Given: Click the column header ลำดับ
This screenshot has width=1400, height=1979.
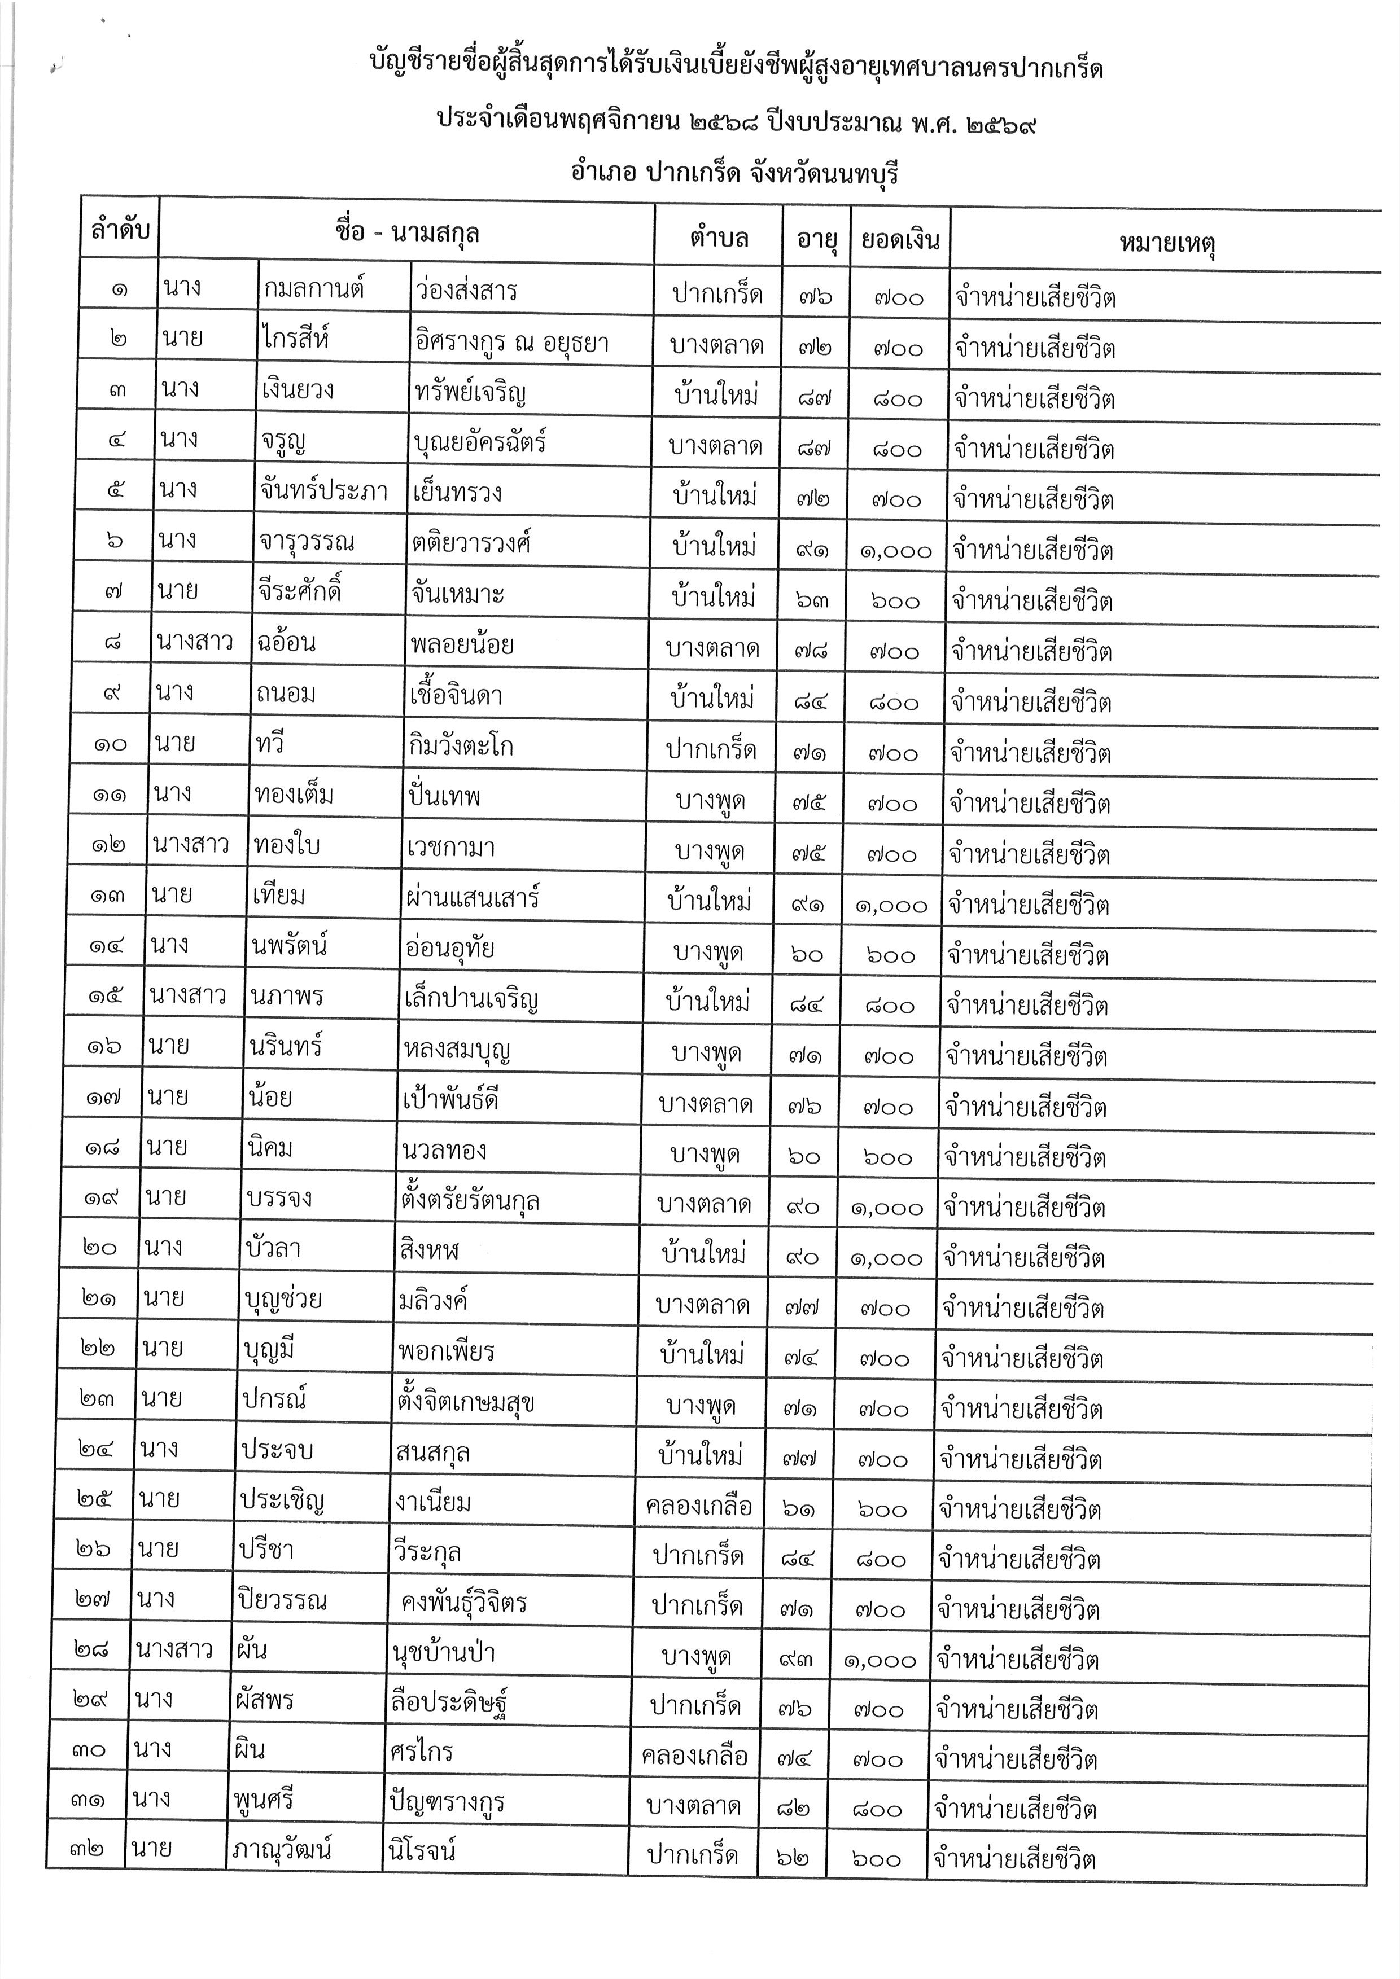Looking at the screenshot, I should click(120, 230).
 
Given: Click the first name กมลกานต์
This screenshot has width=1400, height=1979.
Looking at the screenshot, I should click(314, 289).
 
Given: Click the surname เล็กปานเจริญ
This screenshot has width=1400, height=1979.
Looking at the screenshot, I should click(471, 999).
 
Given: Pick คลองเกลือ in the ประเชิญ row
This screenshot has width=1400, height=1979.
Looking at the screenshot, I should click(698, 1506).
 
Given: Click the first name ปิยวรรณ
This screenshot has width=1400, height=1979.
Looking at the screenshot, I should click(283, 1601).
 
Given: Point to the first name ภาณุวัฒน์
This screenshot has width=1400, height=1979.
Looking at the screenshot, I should click(282, 1848).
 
